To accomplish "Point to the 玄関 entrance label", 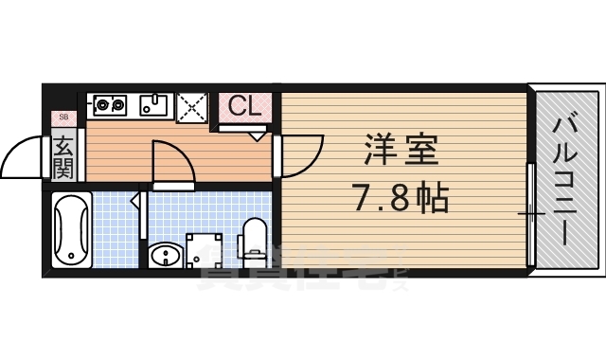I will coord(63,158).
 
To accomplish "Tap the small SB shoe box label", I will coord(63,117).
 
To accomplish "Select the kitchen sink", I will coord(154,104).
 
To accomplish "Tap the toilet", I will coord(255,239).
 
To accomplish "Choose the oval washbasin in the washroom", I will coord(165,254).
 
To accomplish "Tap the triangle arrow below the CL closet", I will coord(258,135).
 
